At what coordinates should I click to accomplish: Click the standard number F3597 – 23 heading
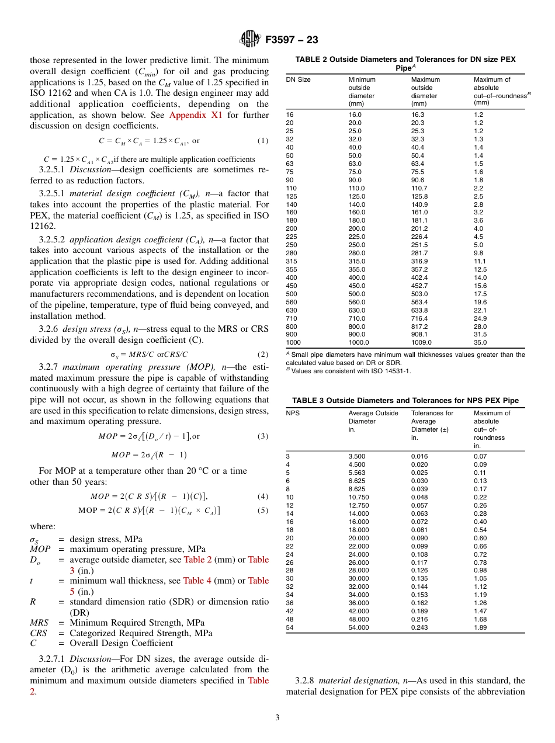point(292,40)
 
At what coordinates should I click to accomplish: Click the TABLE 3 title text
point(405,400)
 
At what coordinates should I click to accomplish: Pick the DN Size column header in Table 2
point(298,79)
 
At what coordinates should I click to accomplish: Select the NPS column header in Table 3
point(292,413)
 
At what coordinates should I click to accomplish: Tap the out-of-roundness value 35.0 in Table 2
point(480,343)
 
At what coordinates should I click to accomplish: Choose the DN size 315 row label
point(291,261)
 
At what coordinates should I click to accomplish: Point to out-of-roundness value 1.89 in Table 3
point(480,628)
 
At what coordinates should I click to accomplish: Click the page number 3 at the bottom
point(277,718)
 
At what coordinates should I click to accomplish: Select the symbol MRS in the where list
point(39,623)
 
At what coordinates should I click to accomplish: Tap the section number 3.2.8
point(306,680)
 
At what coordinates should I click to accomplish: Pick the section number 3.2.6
point(49,329)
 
